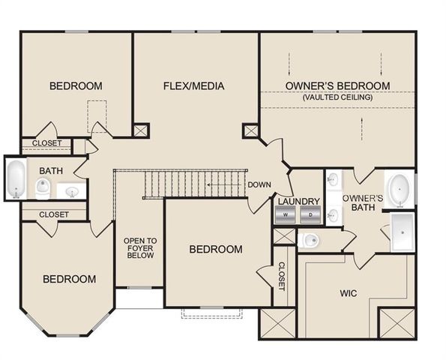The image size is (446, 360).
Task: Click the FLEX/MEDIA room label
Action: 193,85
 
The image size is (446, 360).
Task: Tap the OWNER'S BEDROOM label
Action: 337,85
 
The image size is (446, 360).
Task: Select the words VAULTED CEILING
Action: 337,97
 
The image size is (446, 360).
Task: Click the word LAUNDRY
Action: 298,202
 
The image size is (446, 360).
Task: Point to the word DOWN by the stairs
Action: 259,184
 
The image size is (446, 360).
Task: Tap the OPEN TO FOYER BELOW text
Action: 140,248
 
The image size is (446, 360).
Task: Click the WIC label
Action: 350,292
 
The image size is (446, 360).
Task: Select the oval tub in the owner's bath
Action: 400,190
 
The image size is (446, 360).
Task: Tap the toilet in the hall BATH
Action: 42,187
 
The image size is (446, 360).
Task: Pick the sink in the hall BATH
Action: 72,192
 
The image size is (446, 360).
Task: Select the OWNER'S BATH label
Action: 363,203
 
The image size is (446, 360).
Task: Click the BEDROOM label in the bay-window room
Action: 69,279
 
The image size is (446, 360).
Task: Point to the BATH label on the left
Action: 51,170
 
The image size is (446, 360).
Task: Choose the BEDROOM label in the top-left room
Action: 76,85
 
